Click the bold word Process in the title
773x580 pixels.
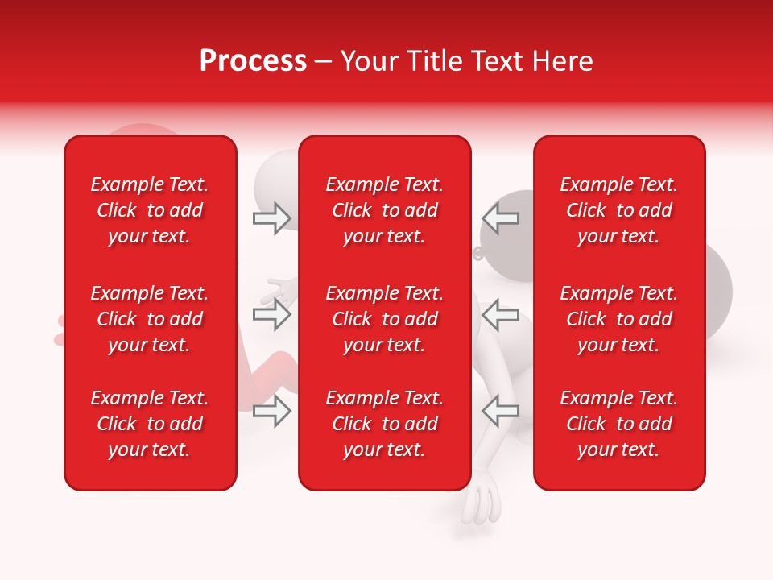point(253,61)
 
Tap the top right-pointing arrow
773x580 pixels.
point(272,217)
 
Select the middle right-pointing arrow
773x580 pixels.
point(272,314)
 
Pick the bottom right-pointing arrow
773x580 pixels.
point(272,412)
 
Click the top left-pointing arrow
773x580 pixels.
point(500,217)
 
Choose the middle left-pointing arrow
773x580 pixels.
point(500,314)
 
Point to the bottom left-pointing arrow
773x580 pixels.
point(500,412)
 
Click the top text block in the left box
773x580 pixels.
point(150,210)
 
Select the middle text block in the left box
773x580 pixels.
point(150,319)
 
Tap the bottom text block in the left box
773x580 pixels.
point(150,424)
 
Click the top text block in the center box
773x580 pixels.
point(384,210)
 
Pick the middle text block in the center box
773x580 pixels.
point(384,319)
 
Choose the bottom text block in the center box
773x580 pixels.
point(384,424)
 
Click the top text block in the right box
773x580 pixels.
point(618,210)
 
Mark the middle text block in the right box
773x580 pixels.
point(618,319)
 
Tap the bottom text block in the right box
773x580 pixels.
point(618,424)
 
